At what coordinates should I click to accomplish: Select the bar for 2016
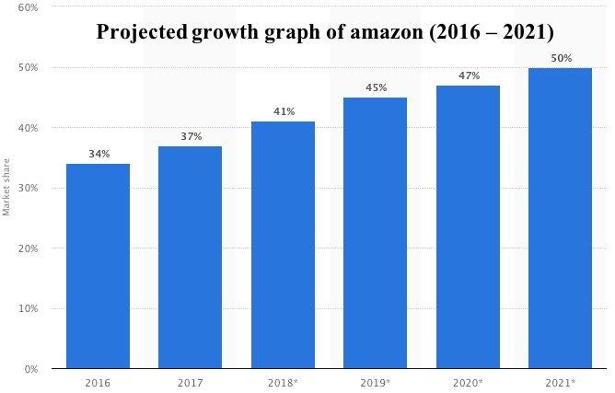[98, 266]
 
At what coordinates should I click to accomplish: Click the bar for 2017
[190, 257]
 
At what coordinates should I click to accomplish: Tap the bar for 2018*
[283, 245]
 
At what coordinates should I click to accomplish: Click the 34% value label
[98, 154]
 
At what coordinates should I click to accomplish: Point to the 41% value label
[283, 111]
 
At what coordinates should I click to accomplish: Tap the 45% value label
[375, 87]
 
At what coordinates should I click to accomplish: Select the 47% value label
[468, 75]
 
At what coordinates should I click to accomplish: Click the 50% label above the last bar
[560, 58]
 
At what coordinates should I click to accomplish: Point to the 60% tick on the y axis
[27, 7]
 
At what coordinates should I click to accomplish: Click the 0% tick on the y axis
[29, 369]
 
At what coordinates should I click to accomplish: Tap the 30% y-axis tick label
[27, 188]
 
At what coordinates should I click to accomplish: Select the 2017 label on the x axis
[190, 381]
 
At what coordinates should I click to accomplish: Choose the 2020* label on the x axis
[468, 381]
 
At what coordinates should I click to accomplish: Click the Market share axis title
[6, 190]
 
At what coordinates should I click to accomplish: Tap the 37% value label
[190, 136]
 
